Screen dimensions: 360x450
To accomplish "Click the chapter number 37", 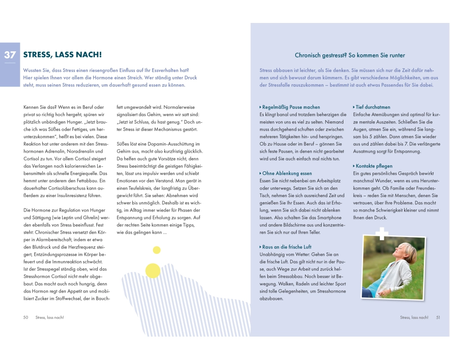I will [x=10, y=55].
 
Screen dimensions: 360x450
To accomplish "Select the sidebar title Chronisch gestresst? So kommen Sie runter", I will [x=350, y=55].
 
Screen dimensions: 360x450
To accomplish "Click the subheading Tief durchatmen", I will [x=373, y=107].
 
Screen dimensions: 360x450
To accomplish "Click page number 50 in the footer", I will [x=26, y=317].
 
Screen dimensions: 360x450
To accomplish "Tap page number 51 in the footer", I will [x=438, y=317].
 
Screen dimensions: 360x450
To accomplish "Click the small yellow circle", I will [x=157, y=250].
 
